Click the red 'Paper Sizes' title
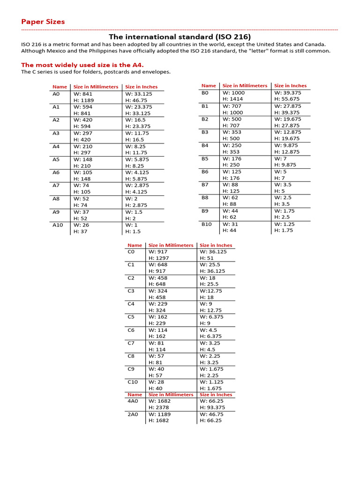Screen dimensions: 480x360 coord(43,22)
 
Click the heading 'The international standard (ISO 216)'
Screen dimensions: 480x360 coord(180,37)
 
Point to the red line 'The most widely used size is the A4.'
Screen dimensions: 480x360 coord(82,65)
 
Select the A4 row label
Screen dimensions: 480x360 coord(56,146)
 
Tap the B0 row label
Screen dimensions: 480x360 coord(205,93)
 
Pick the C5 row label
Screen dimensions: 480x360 coord(131,317)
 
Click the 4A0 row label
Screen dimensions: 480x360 coord(133,401)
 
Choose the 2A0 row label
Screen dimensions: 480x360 coord(133,414)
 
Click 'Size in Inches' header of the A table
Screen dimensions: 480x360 coord(141,87)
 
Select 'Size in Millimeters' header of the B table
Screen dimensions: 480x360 coord(245,86)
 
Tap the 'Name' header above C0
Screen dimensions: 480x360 coord(135,245)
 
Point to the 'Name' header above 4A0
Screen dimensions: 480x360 coord(135,395)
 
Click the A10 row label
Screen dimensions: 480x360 coord(58,225)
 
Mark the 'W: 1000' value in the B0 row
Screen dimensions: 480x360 coord(233,93)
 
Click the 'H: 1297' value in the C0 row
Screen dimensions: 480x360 coord(159,258)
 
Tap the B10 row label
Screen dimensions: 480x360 coord(207,224)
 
